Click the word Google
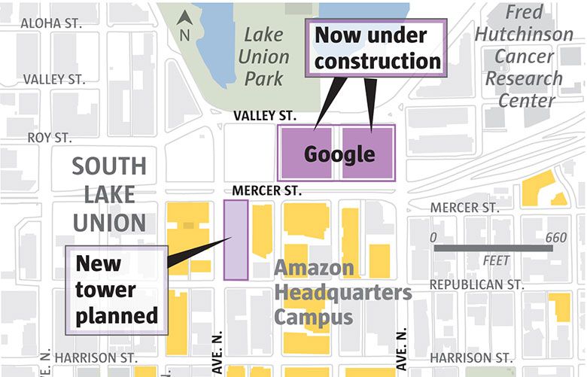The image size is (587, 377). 339,154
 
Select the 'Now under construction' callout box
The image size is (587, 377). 377,47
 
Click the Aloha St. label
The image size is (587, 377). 50,23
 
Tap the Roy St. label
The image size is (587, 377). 49,138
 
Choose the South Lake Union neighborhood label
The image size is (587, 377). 109,194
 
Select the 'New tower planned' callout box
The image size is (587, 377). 117,290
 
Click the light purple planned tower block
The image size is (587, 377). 236,239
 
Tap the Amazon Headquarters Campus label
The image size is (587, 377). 342,292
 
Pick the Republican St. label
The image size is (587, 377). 476,284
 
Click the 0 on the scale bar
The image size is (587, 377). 433,238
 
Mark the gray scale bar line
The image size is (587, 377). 494,248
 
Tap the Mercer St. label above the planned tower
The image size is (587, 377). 266,191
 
